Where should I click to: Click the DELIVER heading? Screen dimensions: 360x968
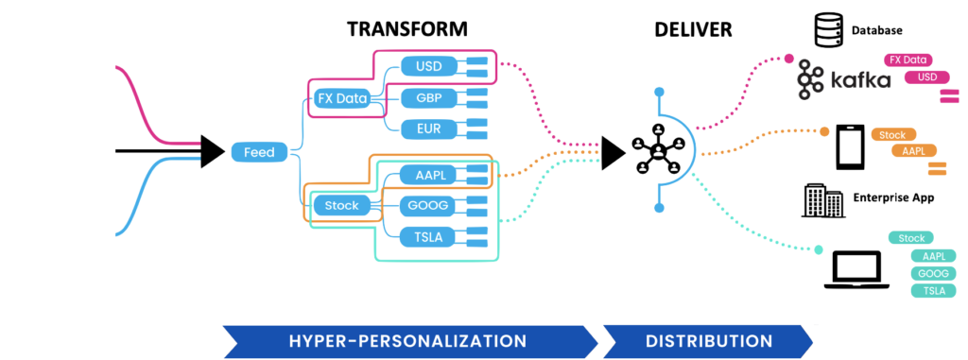(x=693, y=28)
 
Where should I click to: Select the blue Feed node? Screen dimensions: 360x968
(x=259, y=151)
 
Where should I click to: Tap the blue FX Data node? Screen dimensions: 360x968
(x=342, y=97)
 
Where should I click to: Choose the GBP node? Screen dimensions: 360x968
(x=422, y=97)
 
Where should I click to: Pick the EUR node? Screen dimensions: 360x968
(x=422, y=128)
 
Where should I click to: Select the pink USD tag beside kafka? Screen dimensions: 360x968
(x=926, y=77)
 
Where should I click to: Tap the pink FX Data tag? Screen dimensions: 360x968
(x=907, y=60)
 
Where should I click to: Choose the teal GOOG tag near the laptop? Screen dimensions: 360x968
(x=933, y=273)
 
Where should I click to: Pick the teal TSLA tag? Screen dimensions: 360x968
(x=933, y=290)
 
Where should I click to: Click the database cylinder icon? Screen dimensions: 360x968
(x=827, y=28)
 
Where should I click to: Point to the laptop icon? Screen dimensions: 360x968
(x=856, y=268)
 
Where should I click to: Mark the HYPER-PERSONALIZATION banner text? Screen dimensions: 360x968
(x=407, y=340)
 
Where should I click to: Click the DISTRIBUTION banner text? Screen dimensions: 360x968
(x=710, y=340)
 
